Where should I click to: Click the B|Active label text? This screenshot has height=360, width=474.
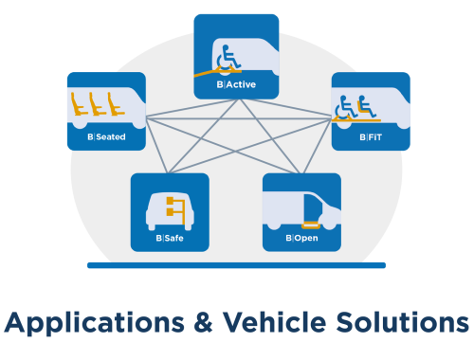[236, 84]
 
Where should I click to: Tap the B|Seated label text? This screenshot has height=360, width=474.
[106, 136]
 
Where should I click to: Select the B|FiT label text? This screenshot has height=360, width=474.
[371, 137]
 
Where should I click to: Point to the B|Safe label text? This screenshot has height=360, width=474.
[170, 238]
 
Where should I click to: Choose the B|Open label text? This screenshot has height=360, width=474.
[301, 238]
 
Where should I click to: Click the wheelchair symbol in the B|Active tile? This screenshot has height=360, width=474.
[228, 58]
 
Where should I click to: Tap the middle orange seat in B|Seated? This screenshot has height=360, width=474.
[97, 104]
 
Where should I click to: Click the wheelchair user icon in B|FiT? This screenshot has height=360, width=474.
[345, 107]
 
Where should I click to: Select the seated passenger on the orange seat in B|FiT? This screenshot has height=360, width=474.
[367, 106]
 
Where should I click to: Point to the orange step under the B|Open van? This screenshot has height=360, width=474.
[311, 225]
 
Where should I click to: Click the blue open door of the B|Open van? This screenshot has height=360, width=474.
[313, 208]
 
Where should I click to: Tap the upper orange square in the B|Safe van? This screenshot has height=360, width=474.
[170, 201]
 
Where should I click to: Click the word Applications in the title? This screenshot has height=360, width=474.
[94, 323]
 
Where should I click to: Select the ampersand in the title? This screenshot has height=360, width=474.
[204, 322]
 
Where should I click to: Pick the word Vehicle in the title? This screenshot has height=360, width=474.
[275, 322]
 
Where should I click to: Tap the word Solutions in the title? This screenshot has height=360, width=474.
[402, 322]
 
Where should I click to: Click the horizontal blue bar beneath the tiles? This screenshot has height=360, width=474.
[236, 265]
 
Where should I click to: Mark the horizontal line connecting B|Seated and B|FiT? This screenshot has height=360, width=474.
[239, 118]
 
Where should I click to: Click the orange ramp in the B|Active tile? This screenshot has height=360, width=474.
[217, 72]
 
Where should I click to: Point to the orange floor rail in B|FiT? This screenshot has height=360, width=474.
[356, 119]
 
